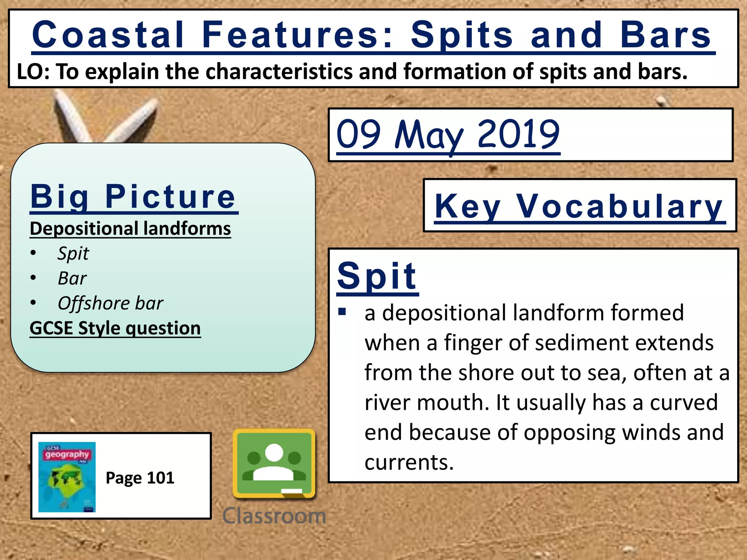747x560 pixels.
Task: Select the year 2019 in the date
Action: click(x=518, y=135)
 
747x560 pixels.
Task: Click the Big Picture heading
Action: click(x=133, y=197)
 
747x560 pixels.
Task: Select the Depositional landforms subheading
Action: click(x=130, y=229)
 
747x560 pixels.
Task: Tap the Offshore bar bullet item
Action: click(x=111, y=303)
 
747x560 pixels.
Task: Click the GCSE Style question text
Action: click(x=115, y=328)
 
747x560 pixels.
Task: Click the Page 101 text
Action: click(x=140, y=478)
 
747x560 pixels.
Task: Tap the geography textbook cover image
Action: click(x=67, y=477)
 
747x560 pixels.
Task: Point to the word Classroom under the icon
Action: click(x=274, y=516)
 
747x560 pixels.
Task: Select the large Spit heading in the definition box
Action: click(x=377, y=276)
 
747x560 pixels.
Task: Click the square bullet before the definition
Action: click(x=342, y=312)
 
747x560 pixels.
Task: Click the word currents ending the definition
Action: click(x=409, y=462)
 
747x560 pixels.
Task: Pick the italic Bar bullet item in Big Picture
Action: click(x=72, y=279)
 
